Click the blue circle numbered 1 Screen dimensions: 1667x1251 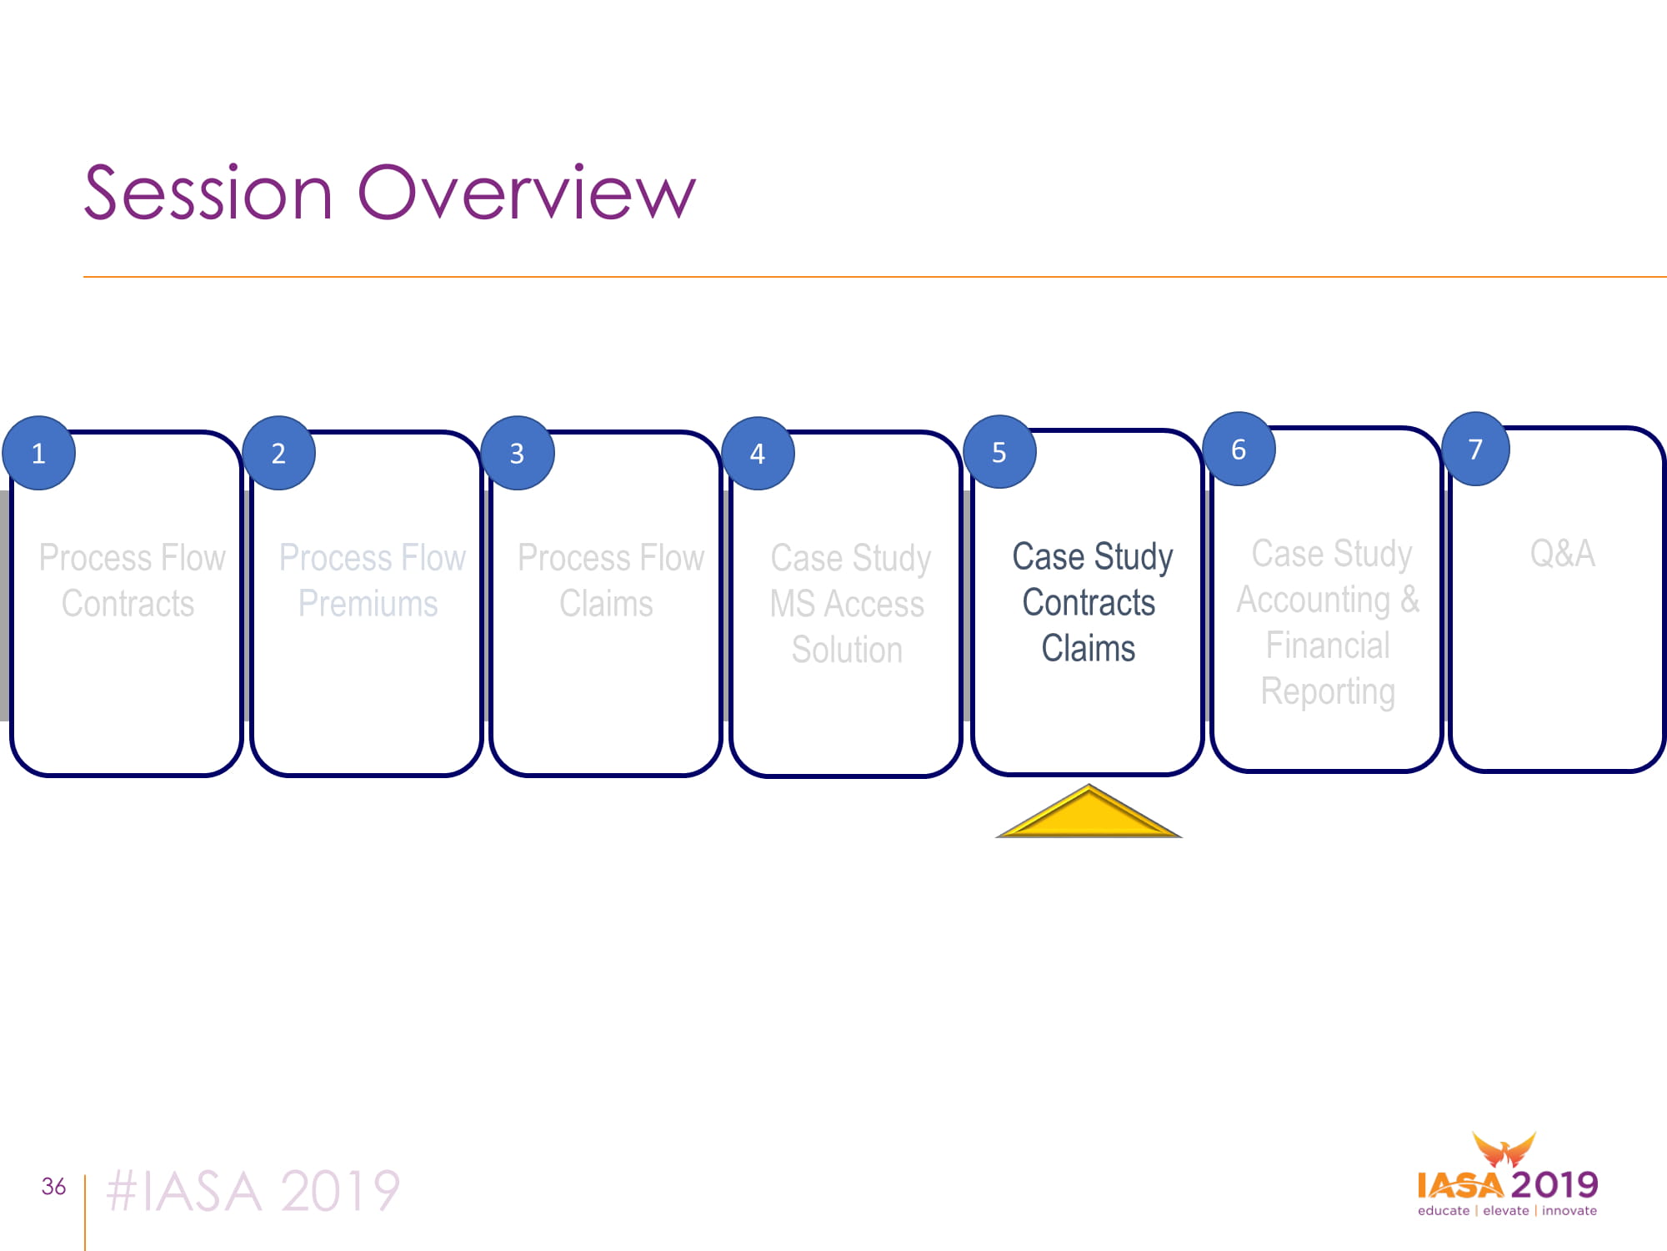click(x=38, y=453)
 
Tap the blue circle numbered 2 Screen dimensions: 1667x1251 click(x=278, y=453)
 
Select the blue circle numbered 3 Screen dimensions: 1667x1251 click(x=518, y=453)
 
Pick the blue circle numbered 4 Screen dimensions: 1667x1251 click(x=758, y=453)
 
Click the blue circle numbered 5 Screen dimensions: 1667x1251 click(x=999, y=451)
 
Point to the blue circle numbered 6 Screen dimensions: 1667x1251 click(x=1239, y=449)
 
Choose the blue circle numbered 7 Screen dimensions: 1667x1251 click(x=1475, y=449)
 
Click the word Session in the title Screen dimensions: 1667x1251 click(x=208, y=193)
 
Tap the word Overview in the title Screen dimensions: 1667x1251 click(x=527, y=193)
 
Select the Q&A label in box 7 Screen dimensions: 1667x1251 click(x=1563, y=554)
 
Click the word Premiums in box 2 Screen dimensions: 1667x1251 click(x=368, y=603)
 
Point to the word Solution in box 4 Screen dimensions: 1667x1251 click(x=847, y=650)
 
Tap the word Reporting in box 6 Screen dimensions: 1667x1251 click(x=1328, y=691)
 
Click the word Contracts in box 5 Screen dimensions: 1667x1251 click(x=1089, y=602)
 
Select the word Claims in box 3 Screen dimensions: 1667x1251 click(x=606, y=603)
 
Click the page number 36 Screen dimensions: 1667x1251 click(x=53, y=1186)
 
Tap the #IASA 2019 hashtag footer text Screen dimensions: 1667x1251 click(x=253, y=1191)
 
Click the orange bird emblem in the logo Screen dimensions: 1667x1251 click(x=1504, y=1149)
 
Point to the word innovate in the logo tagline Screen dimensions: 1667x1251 click(x=1569, y=1210)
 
